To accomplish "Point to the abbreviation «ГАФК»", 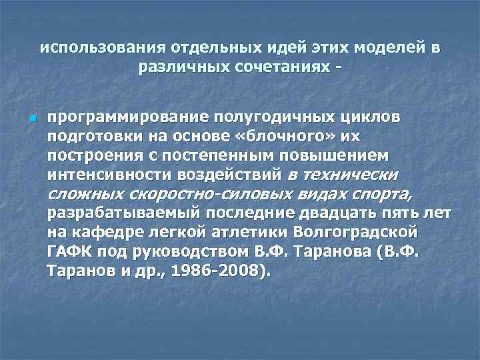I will (69, 253).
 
